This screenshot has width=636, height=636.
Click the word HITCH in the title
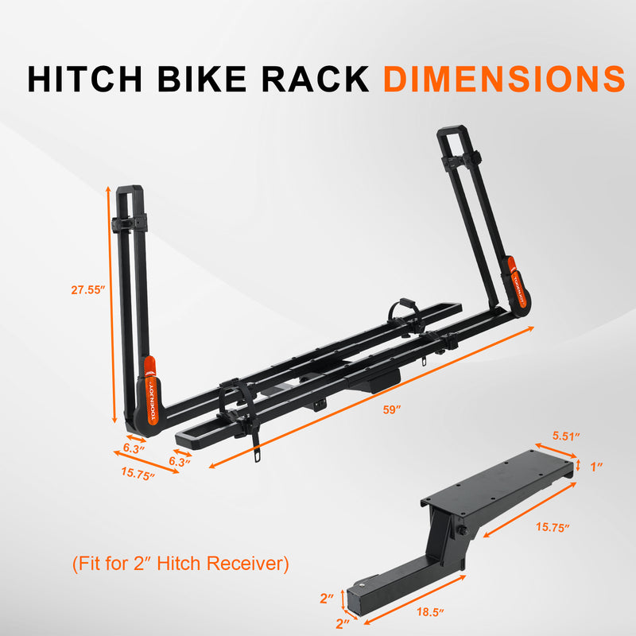(84, 78)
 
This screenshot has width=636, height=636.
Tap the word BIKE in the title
(201, 78)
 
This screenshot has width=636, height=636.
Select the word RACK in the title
(315, 78)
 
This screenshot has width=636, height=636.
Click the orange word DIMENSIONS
(504, 78)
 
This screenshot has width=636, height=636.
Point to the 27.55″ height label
(88, 290)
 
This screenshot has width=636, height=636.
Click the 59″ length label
(392, 409)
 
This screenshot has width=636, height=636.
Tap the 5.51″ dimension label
(566, 436)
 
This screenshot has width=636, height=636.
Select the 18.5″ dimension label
(430, 611)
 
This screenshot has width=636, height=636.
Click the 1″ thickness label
(595, 467)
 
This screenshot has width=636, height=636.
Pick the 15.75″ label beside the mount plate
(553, 527)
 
